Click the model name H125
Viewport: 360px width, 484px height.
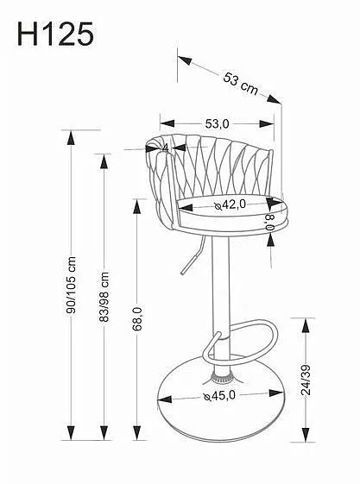[55, 34]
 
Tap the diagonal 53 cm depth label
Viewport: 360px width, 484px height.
[240, 84]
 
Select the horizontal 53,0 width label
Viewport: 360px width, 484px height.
[217, 123]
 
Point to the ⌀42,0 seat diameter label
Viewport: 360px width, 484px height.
[231, 204]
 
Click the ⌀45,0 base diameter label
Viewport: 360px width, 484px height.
[219, 395]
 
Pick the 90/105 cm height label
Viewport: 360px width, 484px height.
[72, 286]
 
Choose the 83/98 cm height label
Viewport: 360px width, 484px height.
[104, 297]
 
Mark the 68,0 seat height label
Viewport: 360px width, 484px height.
[137, 319]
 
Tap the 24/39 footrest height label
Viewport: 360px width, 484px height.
[306, 380]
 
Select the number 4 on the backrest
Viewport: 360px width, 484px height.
[166, 148]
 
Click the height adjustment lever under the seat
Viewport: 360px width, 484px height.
[193, 255]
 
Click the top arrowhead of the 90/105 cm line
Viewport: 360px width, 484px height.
[71, 138]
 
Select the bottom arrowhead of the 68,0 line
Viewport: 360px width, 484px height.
[136, 433]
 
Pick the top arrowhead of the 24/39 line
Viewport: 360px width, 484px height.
[306, 326]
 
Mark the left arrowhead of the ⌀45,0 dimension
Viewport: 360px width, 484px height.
[165, 399]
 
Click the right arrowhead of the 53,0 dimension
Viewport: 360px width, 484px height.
[267, 123]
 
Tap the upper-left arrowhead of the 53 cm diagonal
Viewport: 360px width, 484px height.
[186, 60]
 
